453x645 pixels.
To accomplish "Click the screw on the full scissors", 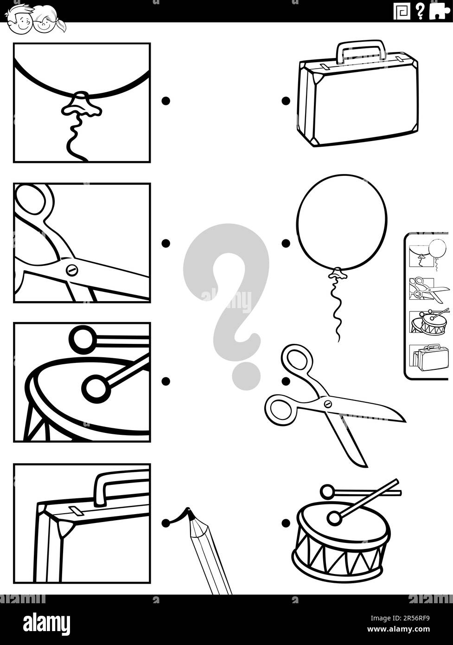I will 328,404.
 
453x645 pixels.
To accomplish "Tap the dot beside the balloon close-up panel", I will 166,101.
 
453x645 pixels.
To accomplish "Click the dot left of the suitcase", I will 286,101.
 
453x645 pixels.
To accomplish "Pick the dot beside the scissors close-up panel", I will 166,243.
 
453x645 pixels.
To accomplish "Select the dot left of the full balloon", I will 286,243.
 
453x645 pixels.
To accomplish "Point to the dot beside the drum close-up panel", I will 166,381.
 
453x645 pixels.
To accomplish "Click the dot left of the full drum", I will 286,523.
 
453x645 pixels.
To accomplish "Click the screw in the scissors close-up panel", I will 71,270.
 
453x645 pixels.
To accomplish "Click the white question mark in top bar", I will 420,11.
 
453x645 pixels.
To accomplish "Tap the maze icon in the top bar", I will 402,11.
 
